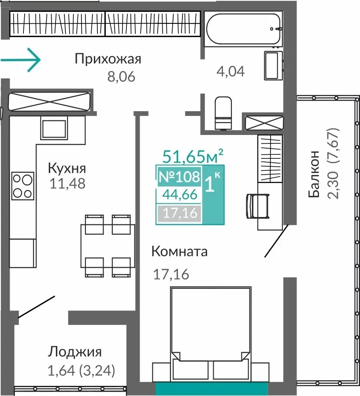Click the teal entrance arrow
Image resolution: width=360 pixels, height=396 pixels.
[x=21, y=60]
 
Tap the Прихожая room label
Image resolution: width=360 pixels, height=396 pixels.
[x=108, y=60]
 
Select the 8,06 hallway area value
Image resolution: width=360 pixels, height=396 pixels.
[x=121, y=77]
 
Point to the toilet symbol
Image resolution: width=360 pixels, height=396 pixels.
[x=223, y=113]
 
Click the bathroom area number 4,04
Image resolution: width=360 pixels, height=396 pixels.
[x=230, y=71]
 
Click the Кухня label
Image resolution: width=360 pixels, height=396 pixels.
[x=67, y=168]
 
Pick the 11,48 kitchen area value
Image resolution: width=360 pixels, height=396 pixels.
[x=67, y=183]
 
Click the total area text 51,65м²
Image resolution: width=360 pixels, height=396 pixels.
[x=193, y=156]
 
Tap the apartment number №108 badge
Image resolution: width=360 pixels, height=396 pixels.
[x=179, y=176]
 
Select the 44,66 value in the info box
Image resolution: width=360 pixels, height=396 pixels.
[x=180, y=195]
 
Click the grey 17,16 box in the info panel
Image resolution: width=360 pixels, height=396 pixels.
[x=180, y=213]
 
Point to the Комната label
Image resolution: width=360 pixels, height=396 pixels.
[x=179, y=251]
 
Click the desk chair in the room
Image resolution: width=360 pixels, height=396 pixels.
[x=258, y=206]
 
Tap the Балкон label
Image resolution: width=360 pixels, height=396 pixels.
[x=314, y=174]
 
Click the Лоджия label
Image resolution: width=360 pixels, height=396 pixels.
[x=74, y=352]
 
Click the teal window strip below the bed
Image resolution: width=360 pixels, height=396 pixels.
[x=211, y=389]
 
